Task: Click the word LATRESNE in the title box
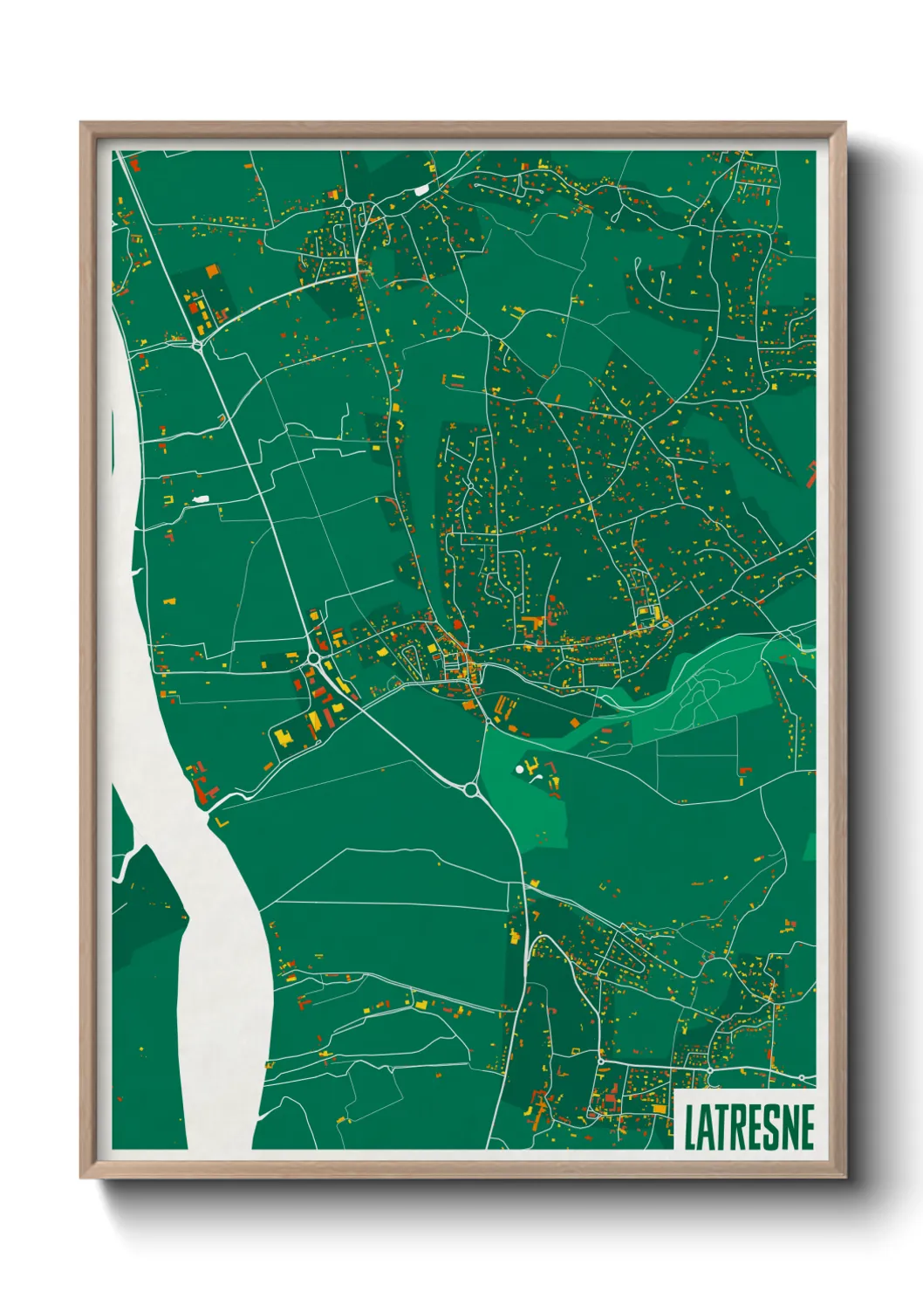[x=749, y=1127]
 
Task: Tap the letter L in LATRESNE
[x=689, y=1127]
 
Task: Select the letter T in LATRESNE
[x=721, y=1127]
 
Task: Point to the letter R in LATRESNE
[x=737, y=1127]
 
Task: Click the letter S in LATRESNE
[x=771, y=1127]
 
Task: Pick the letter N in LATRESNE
[x=789, y=1127]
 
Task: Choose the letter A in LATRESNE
[x=704, y=1127]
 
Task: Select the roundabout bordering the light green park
[x=472, y=790]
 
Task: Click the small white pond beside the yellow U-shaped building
[x=202, y=499]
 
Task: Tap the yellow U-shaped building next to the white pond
[x=168, y=498]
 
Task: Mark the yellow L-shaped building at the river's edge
[x=220, y=821]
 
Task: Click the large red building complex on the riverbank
[x=202, y=782]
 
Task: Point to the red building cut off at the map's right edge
[x=810, y=475]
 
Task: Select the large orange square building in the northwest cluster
[x=210, y=271]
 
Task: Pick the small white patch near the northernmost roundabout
[x=422, y=190]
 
